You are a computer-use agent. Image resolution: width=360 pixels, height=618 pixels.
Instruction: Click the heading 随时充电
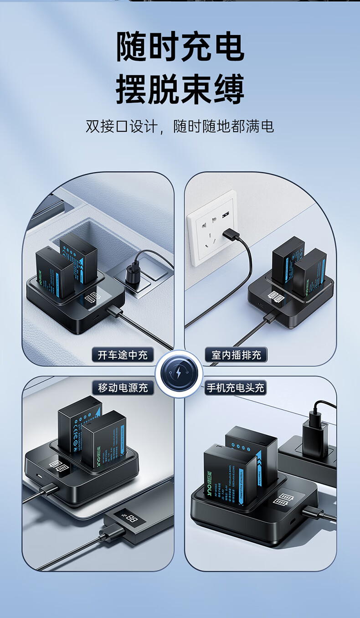click(x=180, y=47)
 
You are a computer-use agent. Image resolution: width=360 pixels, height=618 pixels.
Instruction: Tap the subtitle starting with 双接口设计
click(x=180, y=126)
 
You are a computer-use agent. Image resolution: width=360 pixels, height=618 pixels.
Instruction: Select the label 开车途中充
click(x=123, y=355)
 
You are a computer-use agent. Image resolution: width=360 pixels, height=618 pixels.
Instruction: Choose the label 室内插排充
click(x=236, y=355)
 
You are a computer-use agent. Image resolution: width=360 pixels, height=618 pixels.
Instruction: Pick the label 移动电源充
click(x=123, y=388)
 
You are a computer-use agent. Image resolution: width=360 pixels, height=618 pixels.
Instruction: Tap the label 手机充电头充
click(x=235, y=388)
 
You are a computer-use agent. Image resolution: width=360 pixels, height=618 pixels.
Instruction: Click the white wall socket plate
click(x=211, y=228)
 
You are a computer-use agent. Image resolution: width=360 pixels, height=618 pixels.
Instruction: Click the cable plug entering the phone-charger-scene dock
click(x=312, y=512)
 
